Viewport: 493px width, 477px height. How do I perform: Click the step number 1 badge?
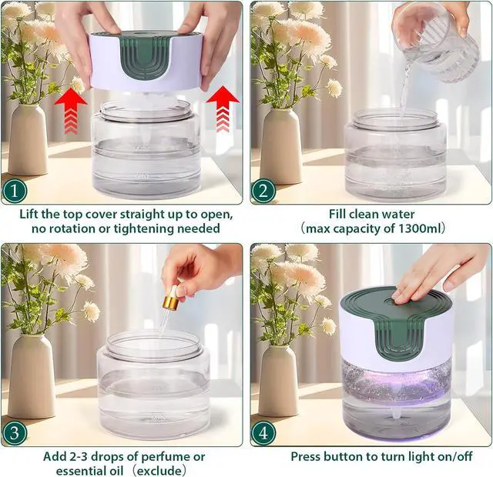(15, 191)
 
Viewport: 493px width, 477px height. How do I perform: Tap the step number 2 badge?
(263, 191)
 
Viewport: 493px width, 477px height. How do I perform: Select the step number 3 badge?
(15, 434)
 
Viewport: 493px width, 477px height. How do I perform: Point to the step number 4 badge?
(263, 434)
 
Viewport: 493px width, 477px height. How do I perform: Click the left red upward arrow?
(71, 111)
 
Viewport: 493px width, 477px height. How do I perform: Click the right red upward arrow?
(223, 109)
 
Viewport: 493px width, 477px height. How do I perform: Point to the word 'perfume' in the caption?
(164, 456)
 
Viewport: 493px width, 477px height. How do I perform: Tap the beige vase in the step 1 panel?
(28, 140)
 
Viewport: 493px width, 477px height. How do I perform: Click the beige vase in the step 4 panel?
(278, 381)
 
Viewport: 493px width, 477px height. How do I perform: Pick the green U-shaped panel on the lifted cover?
(144, 59)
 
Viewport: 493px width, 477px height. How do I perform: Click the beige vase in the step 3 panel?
(31, 376)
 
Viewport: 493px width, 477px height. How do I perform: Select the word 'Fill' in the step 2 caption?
(337, 214)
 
